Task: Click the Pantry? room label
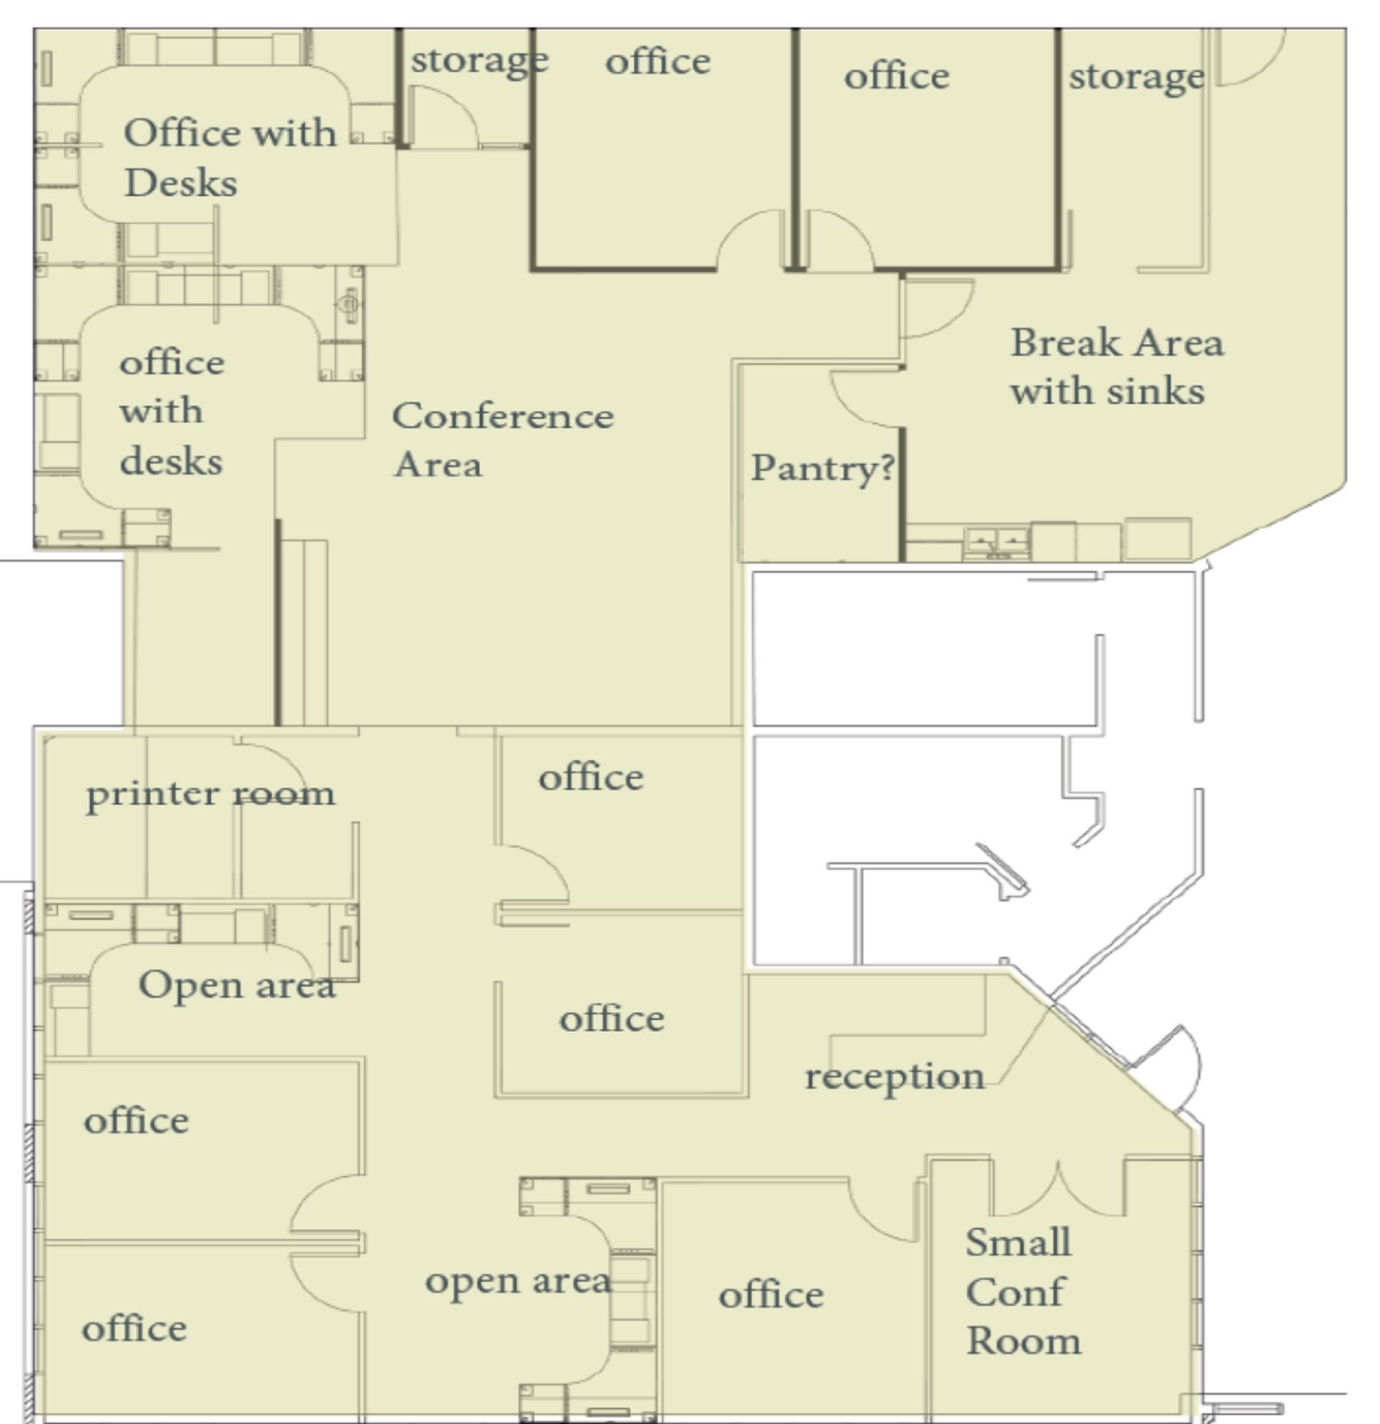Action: point(822,468)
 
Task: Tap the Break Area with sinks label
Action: point(1117,367)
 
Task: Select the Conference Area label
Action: point(503,439)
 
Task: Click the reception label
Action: point(894,1077)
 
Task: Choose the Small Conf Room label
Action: point(1023,1292)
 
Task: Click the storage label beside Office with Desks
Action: point(480,61)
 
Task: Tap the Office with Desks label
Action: point(231,157)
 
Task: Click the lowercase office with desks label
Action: point(172,412)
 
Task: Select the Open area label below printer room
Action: point(237,985)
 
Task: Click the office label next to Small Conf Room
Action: point(771,1295)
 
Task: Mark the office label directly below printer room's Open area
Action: point(136,1121)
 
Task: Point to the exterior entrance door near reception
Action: point(1170,1068)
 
